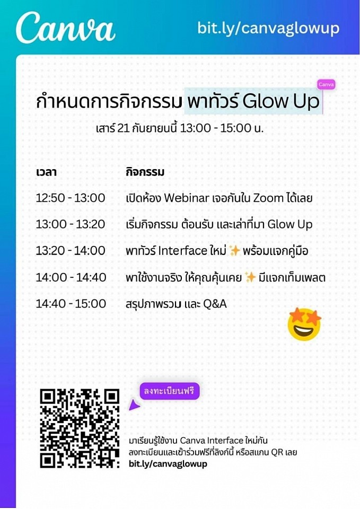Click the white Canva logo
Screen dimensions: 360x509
pos(66,28)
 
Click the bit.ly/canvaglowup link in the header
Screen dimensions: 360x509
pos(268,28)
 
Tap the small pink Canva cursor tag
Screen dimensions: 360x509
pos(326,84)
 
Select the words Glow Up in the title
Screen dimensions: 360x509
pos(281,101)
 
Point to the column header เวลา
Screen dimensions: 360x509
pos(46,172)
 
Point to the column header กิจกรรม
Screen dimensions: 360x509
pos(145,172)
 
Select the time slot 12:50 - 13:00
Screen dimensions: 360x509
pos(71,198)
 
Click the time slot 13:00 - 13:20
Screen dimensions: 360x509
pos(71,224)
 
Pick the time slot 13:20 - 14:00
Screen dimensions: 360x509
pos(71,251)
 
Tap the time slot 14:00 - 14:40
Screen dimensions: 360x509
pos(71,277)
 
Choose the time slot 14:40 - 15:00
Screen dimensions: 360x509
pos(71,303)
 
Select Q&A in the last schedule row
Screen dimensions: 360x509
pos(215,304)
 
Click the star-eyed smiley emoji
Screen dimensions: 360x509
pos(304,324)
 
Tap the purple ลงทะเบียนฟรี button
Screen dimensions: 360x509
pos(170,391)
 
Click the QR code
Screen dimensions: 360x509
pos(80,428)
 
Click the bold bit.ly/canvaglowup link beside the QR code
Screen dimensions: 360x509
pos(168,463)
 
